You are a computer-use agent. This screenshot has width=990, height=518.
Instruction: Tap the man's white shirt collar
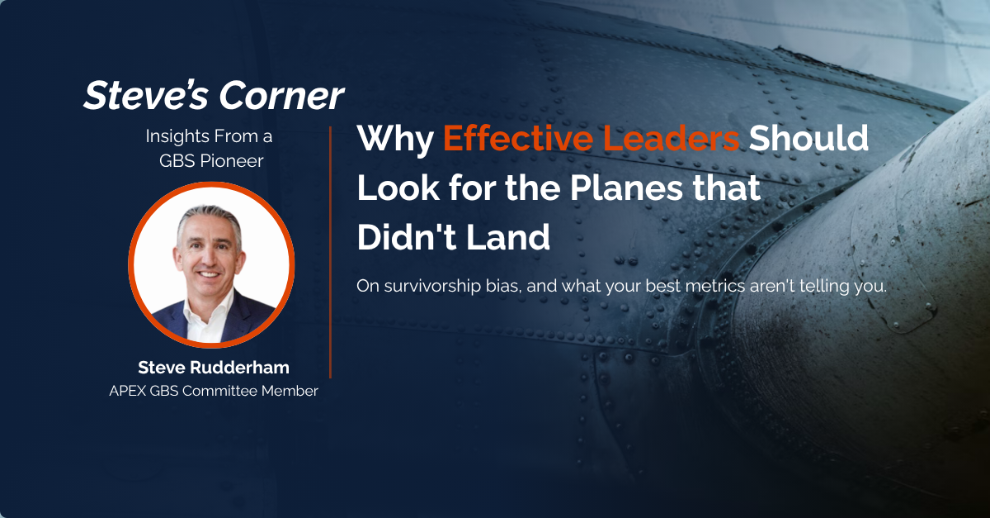(x=202, y=316)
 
